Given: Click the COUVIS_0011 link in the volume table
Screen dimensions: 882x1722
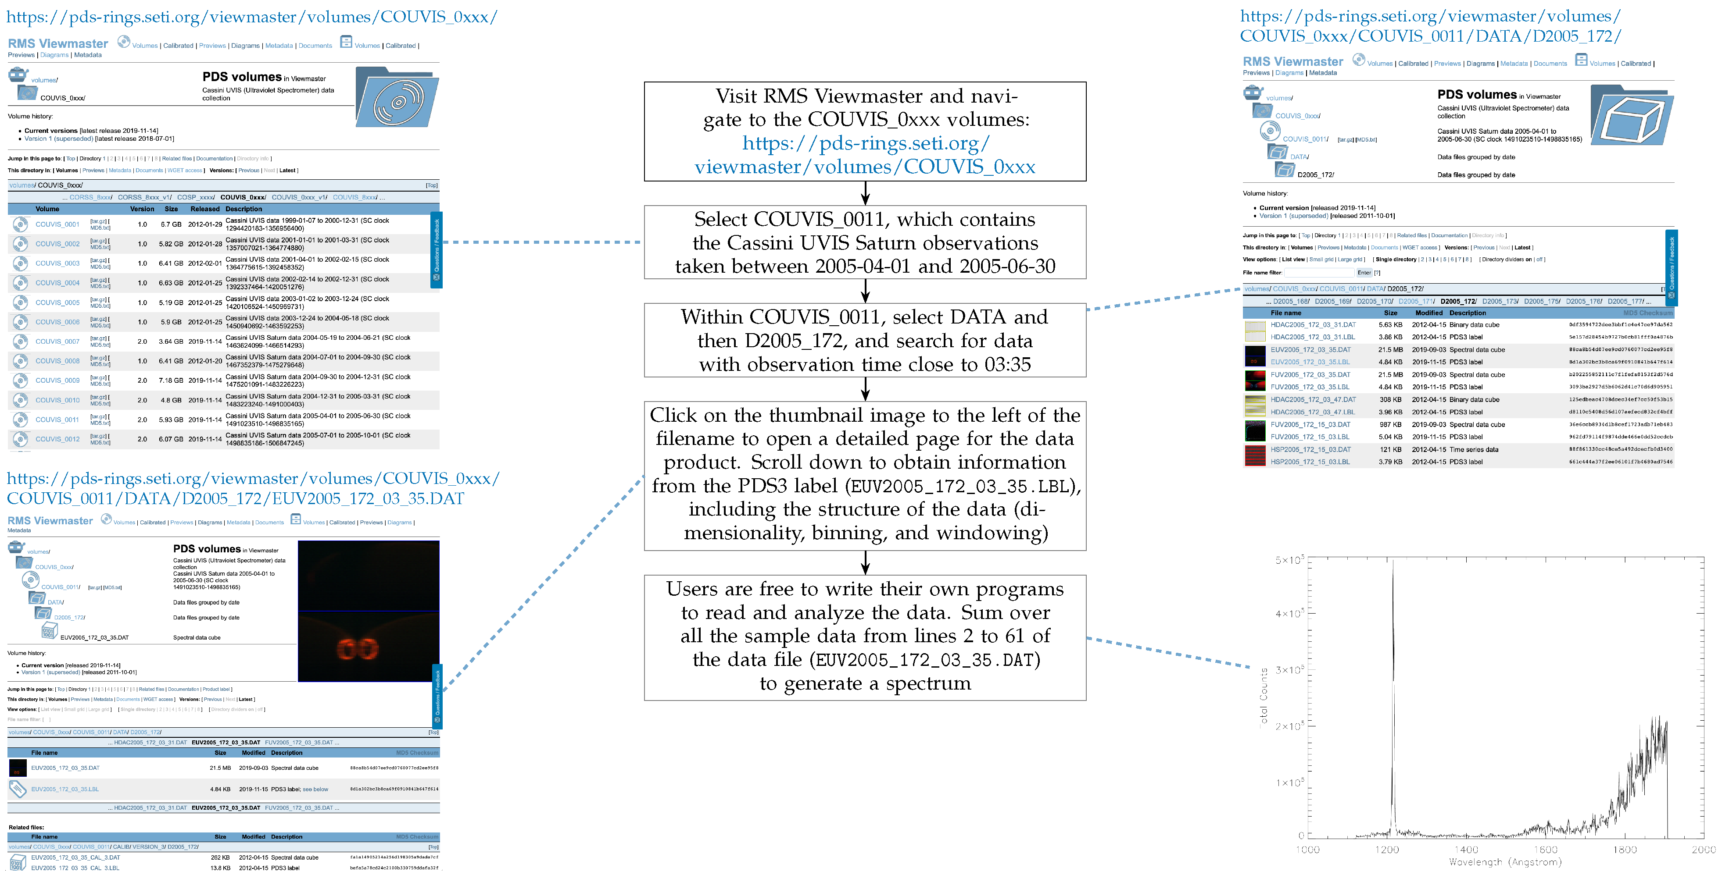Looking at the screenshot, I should coord(57,420).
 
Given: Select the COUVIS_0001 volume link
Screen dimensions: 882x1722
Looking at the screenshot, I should coord(57,224).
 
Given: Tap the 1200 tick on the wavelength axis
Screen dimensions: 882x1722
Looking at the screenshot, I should coord(1387,849).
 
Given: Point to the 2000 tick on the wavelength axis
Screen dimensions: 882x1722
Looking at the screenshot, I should coord(1703,849).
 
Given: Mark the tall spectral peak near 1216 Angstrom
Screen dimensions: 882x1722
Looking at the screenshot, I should coord(1393,601).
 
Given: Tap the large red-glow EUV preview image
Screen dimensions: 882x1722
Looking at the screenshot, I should coord(369,612).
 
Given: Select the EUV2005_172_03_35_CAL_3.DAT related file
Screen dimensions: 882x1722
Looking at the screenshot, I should coord(75,857).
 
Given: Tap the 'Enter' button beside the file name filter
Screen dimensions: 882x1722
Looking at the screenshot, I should coord(1364,273).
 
